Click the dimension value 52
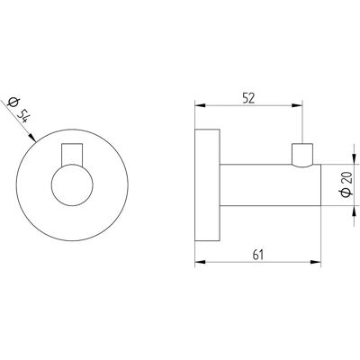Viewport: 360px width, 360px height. click(x=248, y=98)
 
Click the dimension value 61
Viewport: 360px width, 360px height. click(x=258, y=255)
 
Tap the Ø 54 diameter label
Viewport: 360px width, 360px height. click(x=18, y=110)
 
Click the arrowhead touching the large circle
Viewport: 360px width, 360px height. click(x=32, y=138)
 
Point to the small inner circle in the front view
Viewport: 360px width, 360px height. click(x=72, y=184)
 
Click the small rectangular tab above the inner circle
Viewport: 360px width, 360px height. click(x=72, y=154)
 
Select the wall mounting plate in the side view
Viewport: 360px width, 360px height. click(x=208, y=185)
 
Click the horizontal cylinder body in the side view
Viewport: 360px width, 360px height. click(x=271, y=184)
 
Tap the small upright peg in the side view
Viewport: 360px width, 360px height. click(x=302, y=155)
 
